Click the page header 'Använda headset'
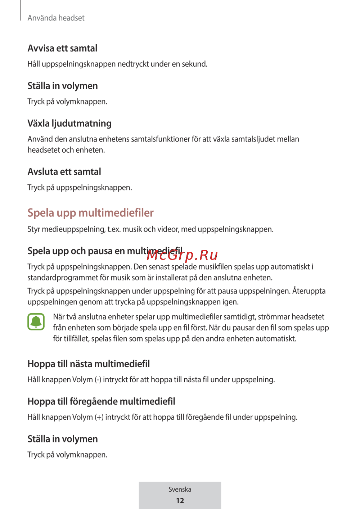click(x=56, y=18)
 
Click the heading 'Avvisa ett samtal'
click(x=62, y=48)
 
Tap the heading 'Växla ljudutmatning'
click(x=69, y=123)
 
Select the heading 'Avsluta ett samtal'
click(x=64, y=172)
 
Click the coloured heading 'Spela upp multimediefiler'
click(x=90, y=213)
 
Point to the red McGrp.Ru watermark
click(x=182, y=255)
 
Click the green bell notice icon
click(x=36, y=322)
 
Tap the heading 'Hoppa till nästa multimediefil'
click(x=89, y=364)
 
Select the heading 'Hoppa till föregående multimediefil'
click(x=101, y=401)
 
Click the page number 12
click(x=180, y=501)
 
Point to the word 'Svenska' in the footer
click(x=180, y=490)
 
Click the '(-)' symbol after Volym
click(x=98, y=380)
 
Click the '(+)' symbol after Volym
click(x=99, y=417)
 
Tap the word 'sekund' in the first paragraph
click(x=194, y=64)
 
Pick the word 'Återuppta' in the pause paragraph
click(x=309, y=291)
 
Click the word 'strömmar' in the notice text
click(x=274, y=317)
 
